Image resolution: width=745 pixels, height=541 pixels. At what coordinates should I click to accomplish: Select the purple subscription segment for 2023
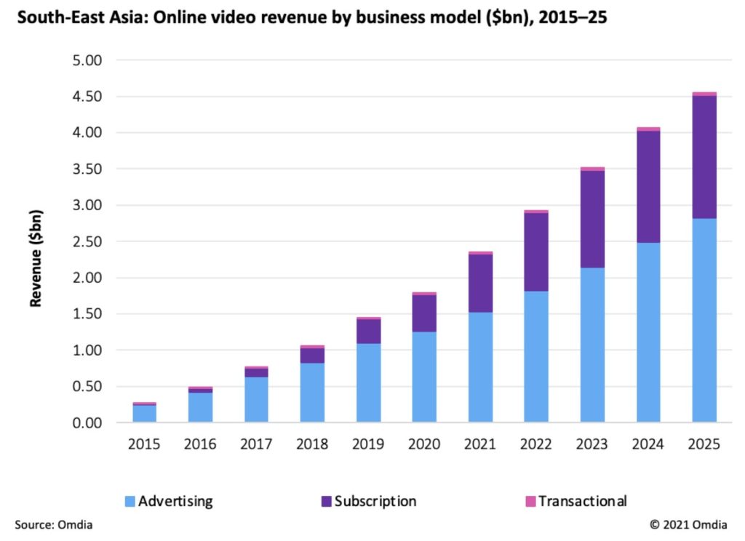point(592,219)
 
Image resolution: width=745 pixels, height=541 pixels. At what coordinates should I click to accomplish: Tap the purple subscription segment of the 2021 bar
point(480,283)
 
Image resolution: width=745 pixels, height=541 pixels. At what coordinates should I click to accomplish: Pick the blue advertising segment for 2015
point(144,413)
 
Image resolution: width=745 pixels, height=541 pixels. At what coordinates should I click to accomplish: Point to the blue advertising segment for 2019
point(368,382)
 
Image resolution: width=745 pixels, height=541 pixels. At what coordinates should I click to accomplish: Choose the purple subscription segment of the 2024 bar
point(648,186)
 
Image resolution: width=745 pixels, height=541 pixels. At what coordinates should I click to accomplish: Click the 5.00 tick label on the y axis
point(89,60)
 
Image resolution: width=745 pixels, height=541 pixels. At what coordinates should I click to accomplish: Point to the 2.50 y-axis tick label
point(89,241)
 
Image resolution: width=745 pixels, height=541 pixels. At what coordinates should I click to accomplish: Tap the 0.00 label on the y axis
point(89,422)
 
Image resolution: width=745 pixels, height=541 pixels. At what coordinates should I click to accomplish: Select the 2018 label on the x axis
point(312,444)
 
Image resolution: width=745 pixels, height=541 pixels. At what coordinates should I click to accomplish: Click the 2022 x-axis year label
point(536,444)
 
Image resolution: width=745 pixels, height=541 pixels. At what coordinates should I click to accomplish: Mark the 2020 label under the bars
point(424,444)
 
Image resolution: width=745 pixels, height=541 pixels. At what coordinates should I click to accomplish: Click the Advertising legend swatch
point(130,501)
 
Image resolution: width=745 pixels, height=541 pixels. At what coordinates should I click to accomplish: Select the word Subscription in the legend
point(375,501)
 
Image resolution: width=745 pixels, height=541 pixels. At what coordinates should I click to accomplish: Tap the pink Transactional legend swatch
point(530,501)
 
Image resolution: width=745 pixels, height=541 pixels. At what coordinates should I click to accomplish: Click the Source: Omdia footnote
point(53,524)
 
